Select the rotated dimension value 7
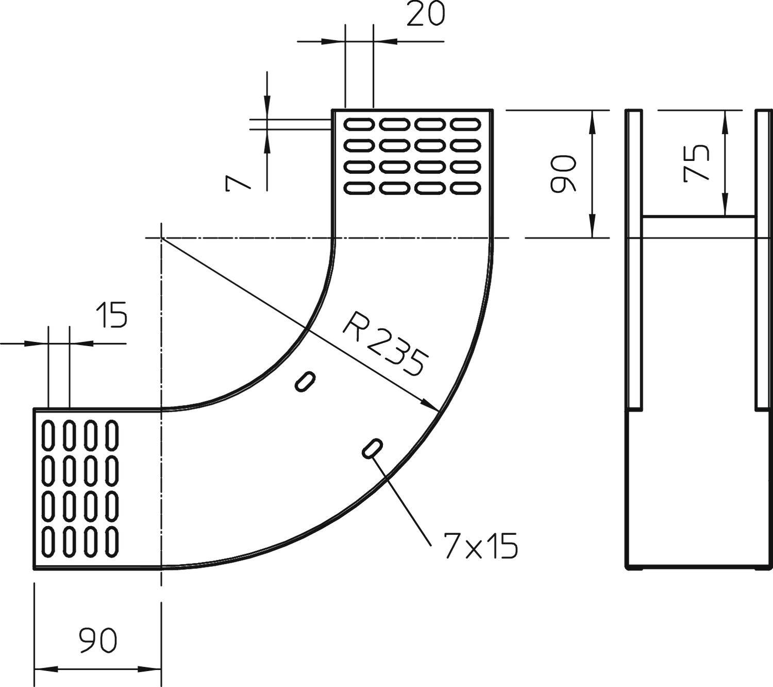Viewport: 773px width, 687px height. click(x=238, y=183)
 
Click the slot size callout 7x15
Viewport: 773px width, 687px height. click(x=479, y=546)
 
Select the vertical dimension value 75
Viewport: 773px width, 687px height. click(x=696, y=163)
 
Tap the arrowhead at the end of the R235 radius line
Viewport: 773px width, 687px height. click(x=431, y=405)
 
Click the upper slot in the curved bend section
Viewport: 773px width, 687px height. click(x=305, y=381)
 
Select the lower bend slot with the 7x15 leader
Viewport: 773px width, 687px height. click(x=372, y=448)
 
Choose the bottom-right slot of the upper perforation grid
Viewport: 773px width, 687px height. click(x=465, y=188)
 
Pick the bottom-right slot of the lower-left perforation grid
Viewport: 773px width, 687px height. click(x=112, y=541)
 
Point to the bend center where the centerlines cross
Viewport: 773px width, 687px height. click(x=161, y=238)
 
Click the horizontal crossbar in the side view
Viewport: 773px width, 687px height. click(x=698, y=217)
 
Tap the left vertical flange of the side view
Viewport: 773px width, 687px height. click(x=634, y=258)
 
